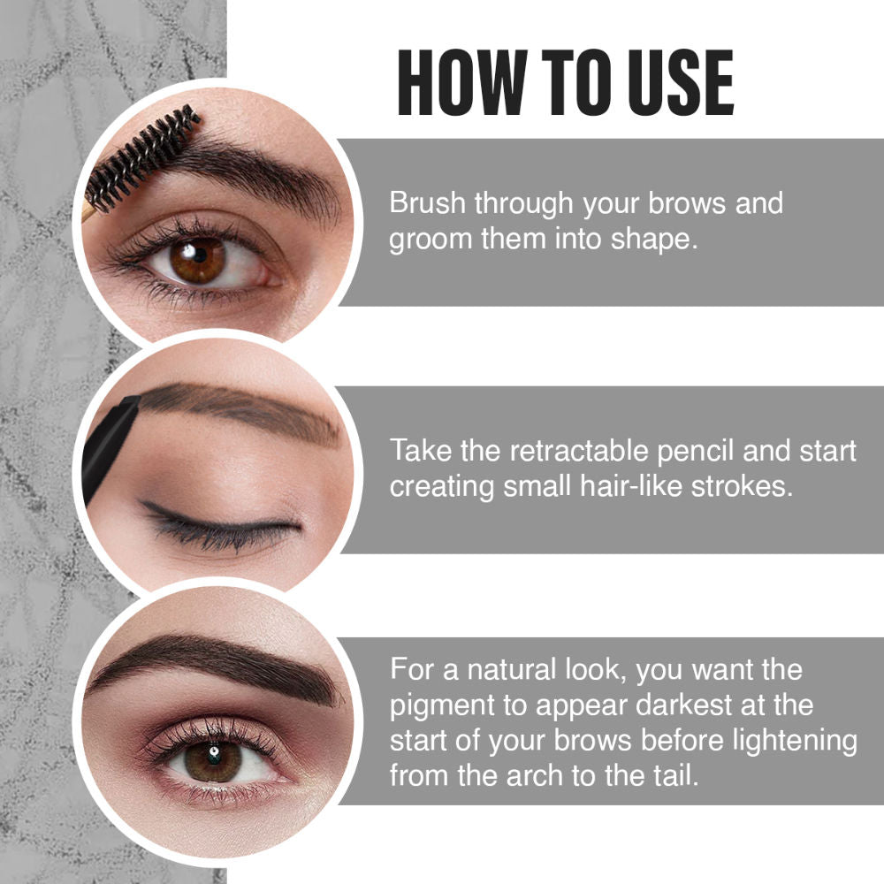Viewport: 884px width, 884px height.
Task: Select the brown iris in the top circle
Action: [x=196, y=260]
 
